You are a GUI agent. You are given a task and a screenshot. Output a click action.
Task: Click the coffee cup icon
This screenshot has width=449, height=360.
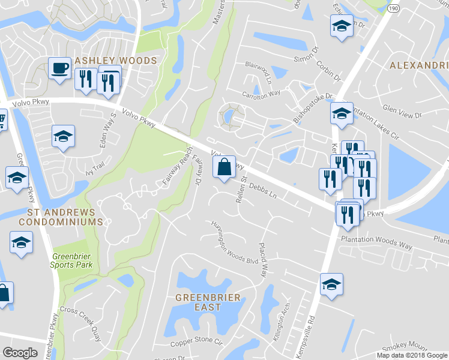click(59, 67)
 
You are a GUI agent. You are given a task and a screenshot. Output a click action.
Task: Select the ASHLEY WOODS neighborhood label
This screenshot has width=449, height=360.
click(115, 61)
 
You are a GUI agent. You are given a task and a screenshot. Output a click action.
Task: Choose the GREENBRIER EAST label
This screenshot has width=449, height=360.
click(208, 302)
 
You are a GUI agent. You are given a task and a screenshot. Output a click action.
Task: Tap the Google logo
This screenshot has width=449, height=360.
click(20, 353)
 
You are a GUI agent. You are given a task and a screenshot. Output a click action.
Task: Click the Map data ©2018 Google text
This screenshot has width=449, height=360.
click(411, 355)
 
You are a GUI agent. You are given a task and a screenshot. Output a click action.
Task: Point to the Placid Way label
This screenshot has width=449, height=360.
click(262, 260)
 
